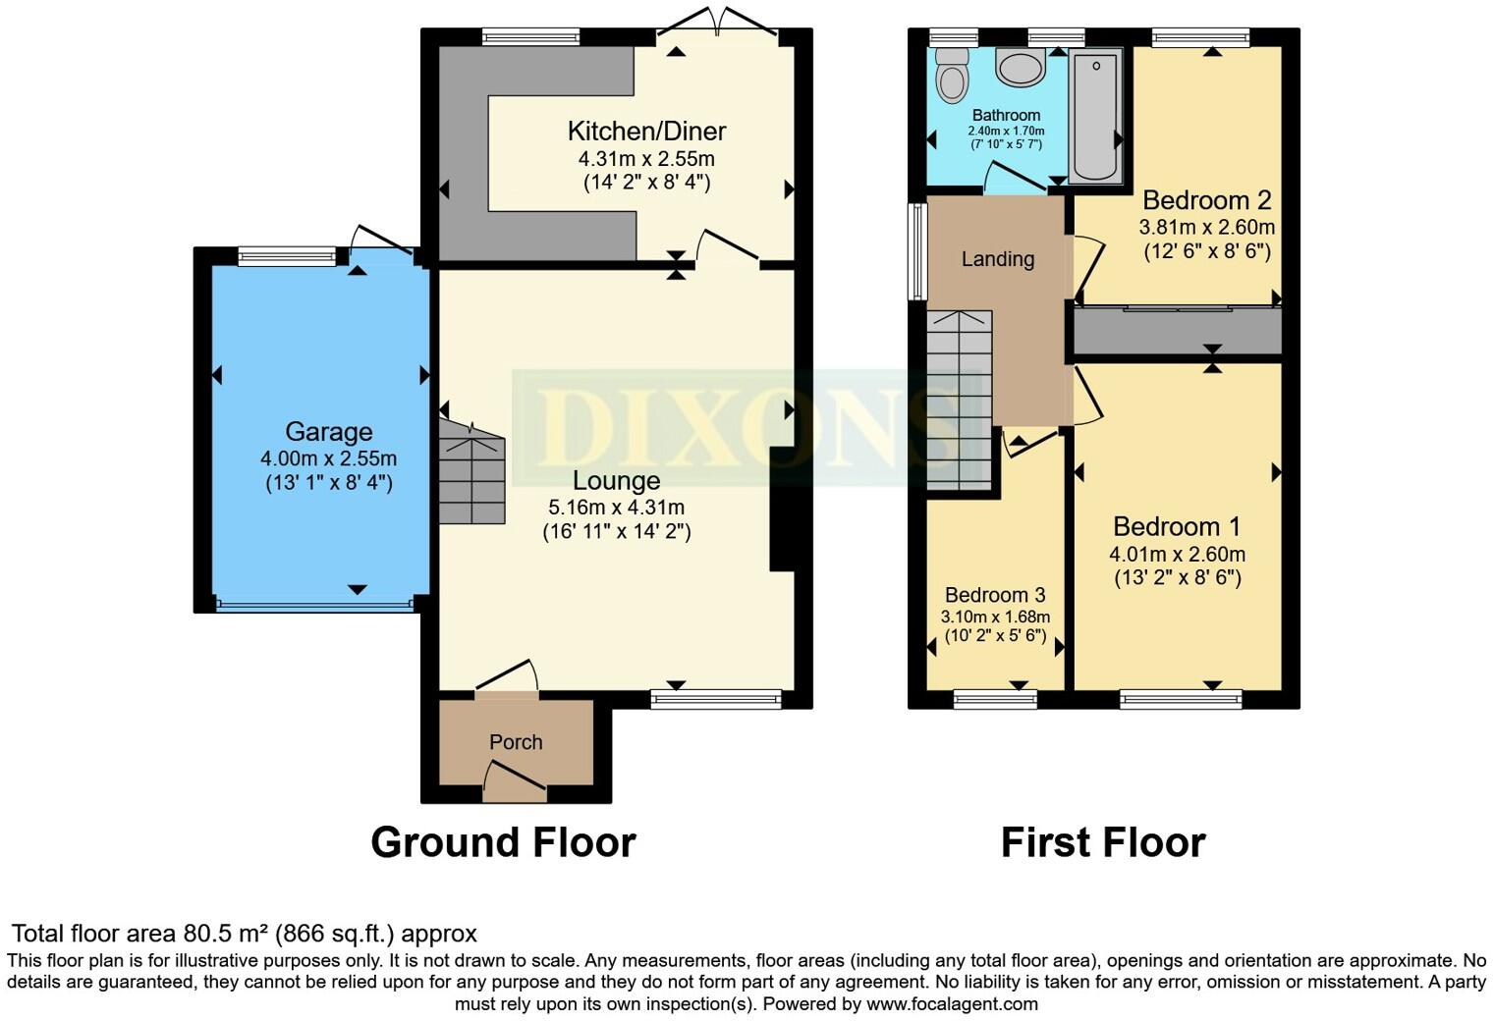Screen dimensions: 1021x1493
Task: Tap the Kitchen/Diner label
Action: coord(646,131)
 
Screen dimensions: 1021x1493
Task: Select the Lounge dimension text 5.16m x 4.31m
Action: coord(616,508)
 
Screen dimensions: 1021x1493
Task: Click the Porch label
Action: coord(516,742)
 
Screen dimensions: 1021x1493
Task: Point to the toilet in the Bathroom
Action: coord(951,77)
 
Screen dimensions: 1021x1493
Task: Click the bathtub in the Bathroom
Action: coord(1095,115)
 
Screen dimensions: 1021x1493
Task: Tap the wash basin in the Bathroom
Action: coord(1022,68)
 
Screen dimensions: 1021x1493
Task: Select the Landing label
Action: coord(997,259)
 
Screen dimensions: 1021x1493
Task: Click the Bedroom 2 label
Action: coord(1206,200)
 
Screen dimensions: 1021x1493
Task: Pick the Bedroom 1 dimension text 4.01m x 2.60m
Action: coord(1177,554)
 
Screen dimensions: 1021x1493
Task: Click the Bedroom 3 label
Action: coord(994,595)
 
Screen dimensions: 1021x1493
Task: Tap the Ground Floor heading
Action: coord(503,842)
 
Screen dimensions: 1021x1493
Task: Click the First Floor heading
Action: coord(1102,842)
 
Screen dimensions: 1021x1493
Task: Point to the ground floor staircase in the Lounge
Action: coord(471,477)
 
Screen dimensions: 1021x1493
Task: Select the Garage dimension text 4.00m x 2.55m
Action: coord(328,458)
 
